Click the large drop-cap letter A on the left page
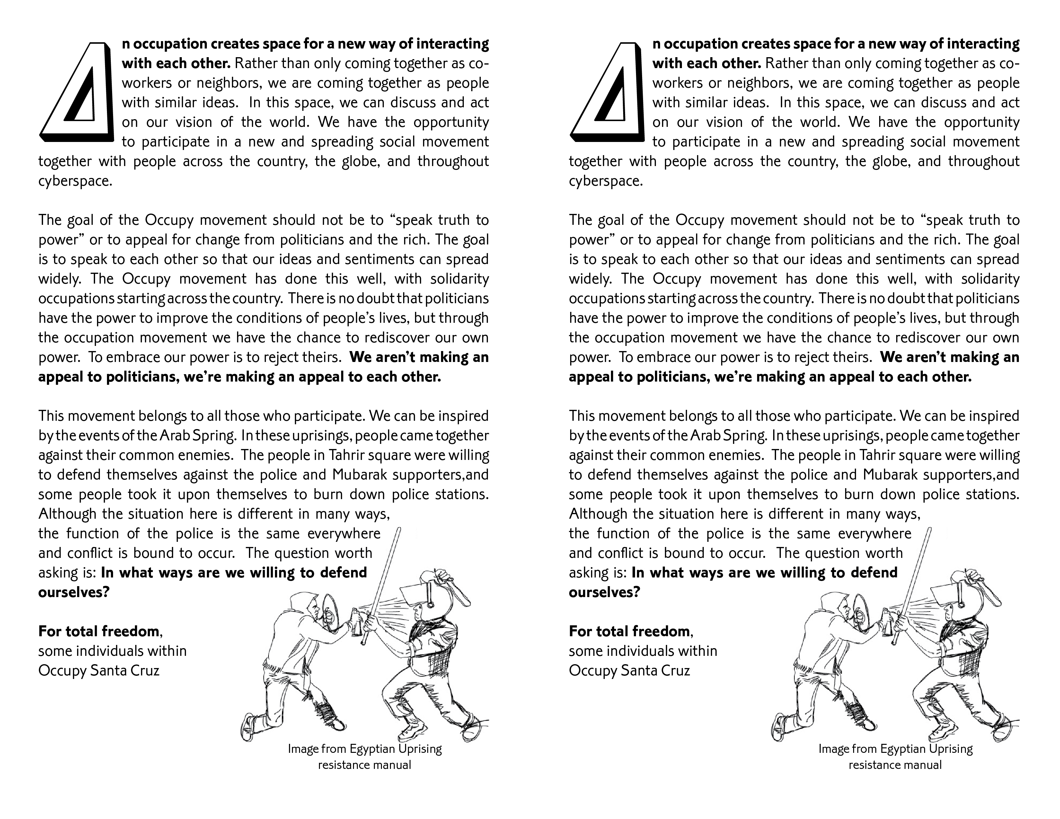pos(77,92)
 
